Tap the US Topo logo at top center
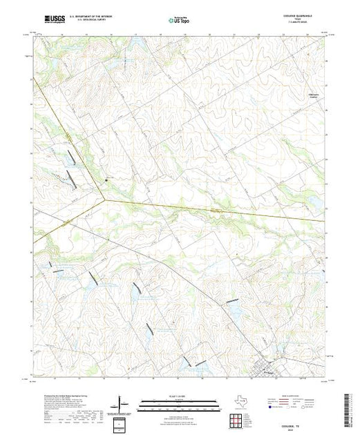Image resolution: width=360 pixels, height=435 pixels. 180,21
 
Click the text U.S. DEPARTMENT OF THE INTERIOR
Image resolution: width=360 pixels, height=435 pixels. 100,18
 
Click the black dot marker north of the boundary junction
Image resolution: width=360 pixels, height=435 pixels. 106,181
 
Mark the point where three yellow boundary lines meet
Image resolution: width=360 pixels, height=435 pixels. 105,201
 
